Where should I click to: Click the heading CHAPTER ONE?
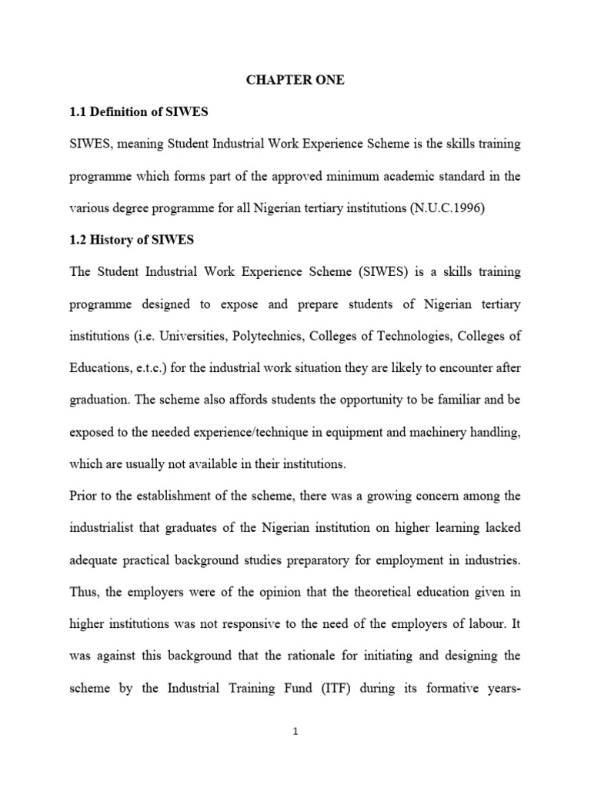295,80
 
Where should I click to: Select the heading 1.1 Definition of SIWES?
139,112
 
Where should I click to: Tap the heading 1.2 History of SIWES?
132,241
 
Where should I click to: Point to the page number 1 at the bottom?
295,732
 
